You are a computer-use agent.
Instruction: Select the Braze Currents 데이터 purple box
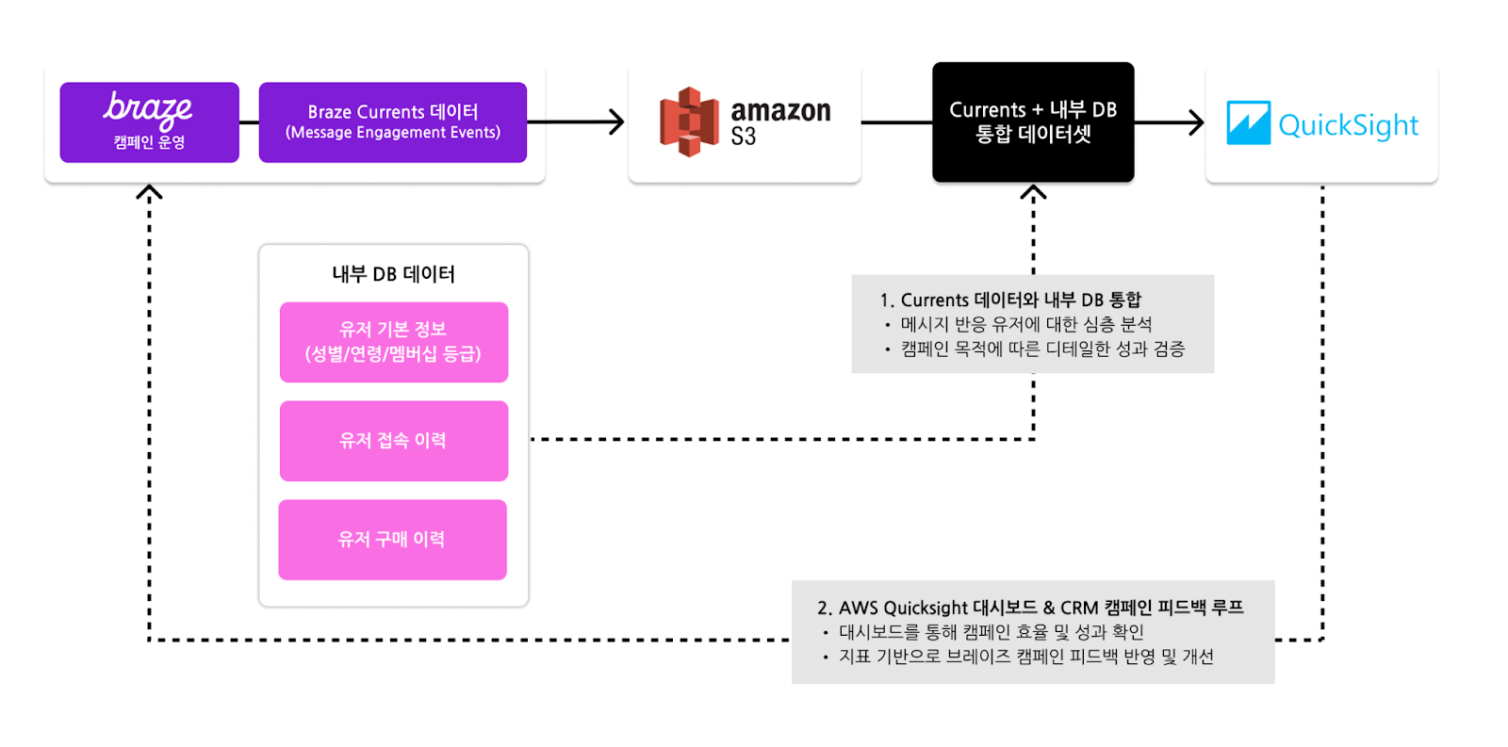tap(392, 122)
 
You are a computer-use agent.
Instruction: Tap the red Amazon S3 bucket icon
tap(689, 122)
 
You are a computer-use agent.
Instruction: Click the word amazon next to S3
tap(780, 111)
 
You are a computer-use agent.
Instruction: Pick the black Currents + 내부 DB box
tap(1033, 122)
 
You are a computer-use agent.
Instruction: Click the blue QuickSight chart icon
tap(1248, 123)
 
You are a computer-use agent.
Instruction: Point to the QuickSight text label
tap(1348, 125)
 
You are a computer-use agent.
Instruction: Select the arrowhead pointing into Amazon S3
tap(617, 122)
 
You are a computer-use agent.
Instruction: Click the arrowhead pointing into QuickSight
tap(1197, 122)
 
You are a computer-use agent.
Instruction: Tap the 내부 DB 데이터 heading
tap(393, 274)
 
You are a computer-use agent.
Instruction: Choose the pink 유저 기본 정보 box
tap(394, 342)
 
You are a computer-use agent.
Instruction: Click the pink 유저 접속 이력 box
tap(394, 441)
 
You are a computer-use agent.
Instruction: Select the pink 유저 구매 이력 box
tap(393, 540)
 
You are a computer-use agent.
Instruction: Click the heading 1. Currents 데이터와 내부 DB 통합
tap(1010, 300)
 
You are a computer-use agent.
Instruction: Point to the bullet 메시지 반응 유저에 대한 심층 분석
tap(1025, 324)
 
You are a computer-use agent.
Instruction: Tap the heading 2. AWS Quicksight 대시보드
tap(1030, 608)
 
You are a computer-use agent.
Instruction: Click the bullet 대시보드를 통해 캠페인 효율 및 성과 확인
tap(991, 632)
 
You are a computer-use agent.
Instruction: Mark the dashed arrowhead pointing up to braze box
tap(149, 192)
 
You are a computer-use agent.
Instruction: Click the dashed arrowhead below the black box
tap(1033, 192)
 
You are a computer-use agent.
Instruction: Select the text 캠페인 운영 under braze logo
tap(149, 142)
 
